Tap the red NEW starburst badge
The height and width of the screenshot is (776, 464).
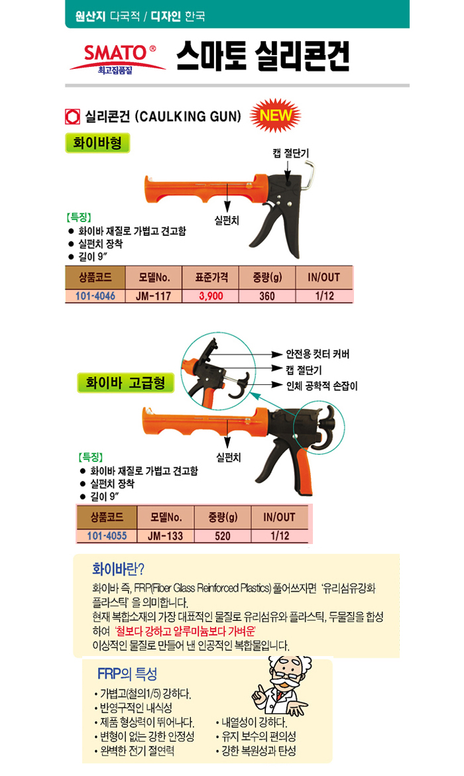tap(275, 116)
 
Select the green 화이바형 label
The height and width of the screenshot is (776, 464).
tap(97, 143)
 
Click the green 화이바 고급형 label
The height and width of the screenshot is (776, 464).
tap(125, 382)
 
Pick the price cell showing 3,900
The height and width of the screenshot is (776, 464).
tap(211, 296)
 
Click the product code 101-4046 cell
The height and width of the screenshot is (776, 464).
tap(95, 296)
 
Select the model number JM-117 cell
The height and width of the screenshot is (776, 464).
tap(154, 296)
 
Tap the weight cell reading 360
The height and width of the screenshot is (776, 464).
tap(267, 296)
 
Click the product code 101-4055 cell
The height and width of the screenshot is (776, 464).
tap(107, 536)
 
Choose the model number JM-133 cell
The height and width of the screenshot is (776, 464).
tap(166, 536)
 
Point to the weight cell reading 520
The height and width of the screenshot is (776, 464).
tap(222, 536)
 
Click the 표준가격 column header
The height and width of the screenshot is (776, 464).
tap(211, 277)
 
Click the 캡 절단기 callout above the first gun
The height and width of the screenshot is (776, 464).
tap(290, 153)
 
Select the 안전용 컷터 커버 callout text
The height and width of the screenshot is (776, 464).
tap(318, 354)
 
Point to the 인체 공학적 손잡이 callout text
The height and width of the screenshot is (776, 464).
tap(322, 386)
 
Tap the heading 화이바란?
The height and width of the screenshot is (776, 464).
tap(119, 569)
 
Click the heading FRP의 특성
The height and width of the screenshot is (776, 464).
tap(127, 673)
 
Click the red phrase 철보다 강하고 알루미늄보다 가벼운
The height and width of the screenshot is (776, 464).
tap(185, 631)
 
